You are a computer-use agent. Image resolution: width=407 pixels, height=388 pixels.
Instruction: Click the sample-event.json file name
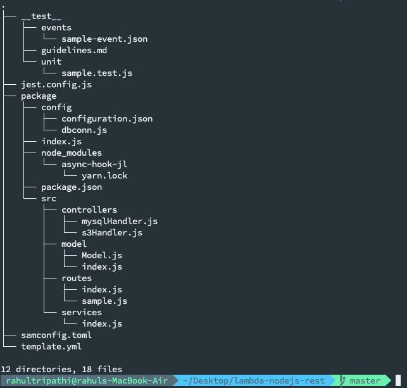[104, 39]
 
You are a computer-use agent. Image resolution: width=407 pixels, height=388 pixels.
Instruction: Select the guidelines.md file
[74, 50]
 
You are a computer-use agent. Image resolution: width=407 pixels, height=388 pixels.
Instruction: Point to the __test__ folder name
[41, 16]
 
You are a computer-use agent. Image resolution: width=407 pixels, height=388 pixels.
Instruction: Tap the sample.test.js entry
[97, 73]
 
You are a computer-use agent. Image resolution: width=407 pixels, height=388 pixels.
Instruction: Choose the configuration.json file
[107, 118]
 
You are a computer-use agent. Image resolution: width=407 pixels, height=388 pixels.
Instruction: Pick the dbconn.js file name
[84, 130]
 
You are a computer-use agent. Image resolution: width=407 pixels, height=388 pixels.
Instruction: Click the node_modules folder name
[72, 153]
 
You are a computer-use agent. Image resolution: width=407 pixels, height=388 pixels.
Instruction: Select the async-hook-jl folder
[94, 164]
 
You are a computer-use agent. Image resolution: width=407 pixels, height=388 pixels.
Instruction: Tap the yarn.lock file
[104, 175]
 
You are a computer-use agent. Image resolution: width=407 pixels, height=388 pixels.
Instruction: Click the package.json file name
[72, 187]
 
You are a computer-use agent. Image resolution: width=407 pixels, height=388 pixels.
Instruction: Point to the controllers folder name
[89, 210]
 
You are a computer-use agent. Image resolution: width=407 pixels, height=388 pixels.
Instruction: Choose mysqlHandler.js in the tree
[120, 221]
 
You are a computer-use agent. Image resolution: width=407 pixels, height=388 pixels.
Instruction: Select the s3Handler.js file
[112, 232]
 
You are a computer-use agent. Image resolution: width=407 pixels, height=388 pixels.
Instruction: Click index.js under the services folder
[102, 323]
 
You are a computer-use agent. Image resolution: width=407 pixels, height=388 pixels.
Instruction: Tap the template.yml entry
[51, 346]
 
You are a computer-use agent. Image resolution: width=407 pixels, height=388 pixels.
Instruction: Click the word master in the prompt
[365, 380]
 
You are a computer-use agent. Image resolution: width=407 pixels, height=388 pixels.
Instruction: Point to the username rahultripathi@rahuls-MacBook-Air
[86, 380]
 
